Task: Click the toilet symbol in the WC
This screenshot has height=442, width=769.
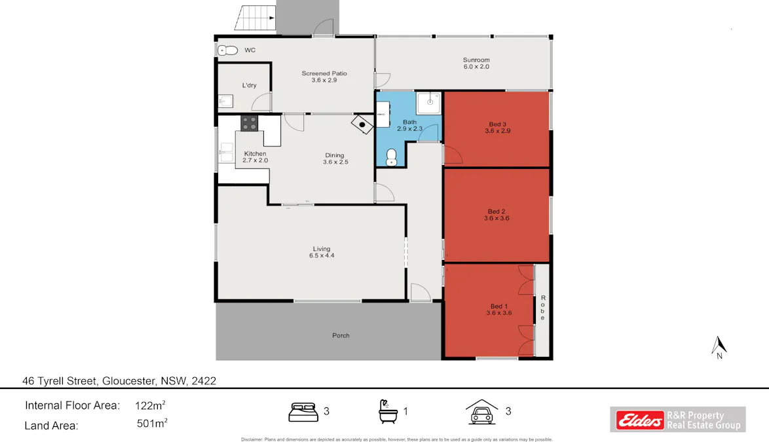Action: coord(227,50)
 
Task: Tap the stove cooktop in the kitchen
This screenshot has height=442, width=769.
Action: coord(250,121)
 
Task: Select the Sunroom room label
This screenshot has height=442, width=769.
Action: coord(476,60)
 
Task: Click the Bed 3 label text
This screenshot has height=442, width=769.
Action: coord(497,124)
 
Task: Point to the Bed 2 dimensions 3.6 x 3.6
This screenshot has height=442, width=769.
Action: coord(497,219)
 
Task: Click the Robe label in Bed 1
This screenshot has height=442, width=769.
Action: coord(542,308)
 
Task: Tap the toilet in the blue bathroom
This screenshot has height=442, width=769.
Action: coord(391,156)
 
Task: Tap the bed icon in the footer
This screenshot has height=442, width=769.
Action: coord(304,412)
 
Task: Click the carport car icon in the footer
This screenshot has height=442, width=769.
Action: coord(481,413)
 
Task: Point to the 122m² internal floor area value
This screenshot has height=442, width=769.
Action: coord(150,405)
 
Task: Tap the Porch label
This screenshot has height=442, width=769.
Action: coord(341,335)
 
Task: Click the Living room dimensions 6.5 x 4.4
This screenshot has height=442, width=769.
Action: coord(322,255)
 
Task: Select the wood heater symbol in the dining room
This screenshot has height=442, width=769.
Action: coord(361,123)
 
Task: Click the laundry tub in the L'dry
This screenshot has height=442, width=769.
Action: coord(224,101)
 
